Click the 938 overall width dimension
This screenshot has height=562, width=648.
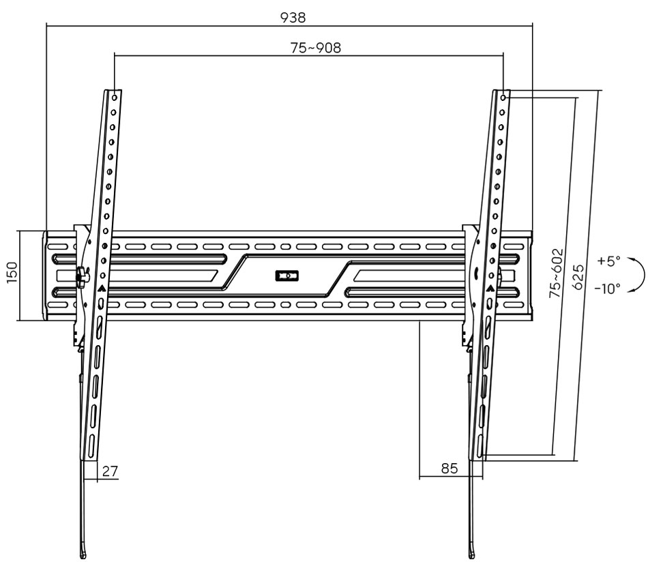click(x=293, y=18)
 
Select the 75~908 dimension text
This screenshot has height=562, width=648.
click(x=316, y=48)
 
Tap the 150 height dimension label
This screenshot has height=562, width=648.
click(x=12, y=273)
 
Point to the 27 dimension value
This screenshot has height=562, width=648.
click(x=110, y=471)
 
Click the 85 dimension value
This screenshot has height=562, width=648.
click(x=450, y=468)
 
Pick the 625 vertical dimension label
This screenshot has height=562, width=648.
click(x=579, y=278)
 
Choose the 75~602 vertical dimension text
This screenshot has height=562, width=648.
click(x=556, y=273)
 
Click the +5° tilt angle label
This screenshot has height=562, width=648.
click(x=608, y=261)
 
